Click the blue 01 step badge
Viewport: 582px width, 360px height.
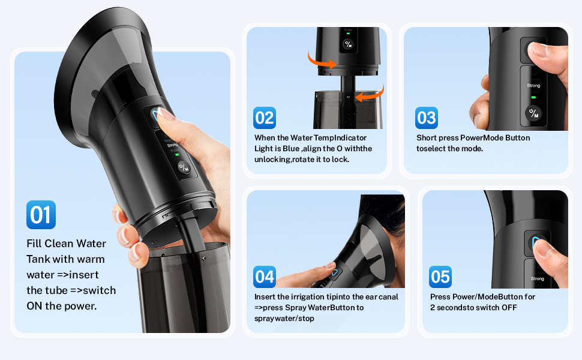[41, 215]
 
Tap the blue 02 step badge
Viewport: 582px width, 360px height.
[265, 118]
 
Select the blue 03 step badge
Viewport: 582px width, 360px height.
[427, 118]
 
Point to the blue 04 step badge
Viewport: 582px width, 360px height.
[265, 277]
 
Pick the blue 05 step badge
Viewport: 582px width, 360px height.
[440, 277]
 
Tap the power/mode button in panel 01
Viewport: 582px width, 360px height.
[184, 167]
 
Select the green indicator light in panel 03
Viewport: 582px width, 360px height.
[533, 97]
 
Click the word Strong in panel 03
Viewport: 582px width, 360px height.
[533, 85]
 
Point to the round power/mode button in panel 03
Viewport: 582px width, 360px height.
[533, 113]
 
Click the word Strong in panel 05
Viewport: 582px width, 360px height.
[538, 278]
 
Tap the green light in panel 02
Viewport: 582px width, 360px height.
[348, 34]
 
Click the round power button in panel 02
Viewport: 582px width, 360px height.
[348, 44]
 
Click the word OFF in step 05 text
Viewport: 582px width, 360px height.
[509, 308]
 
